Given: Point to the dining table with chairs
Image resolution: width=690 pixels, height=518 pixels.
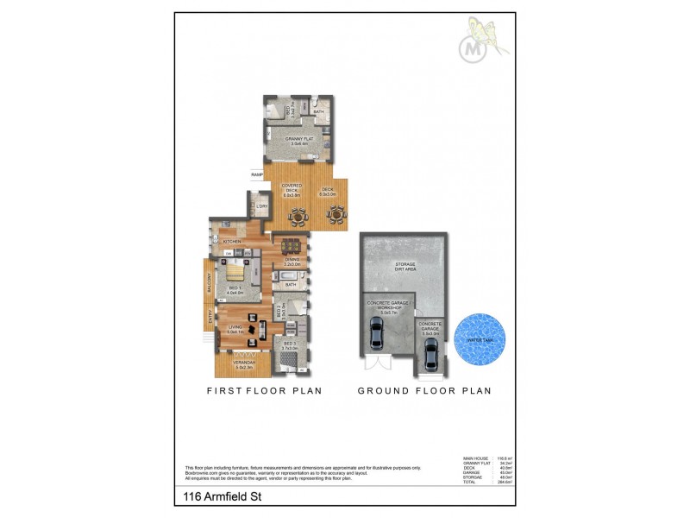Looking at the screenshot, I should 292,244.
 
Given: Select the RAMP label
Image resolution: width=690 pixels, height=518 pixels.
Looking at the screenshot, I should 256,175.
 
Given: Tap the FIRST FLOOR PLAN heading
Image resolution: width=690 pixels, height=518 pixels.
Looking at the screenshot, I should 264,391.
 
